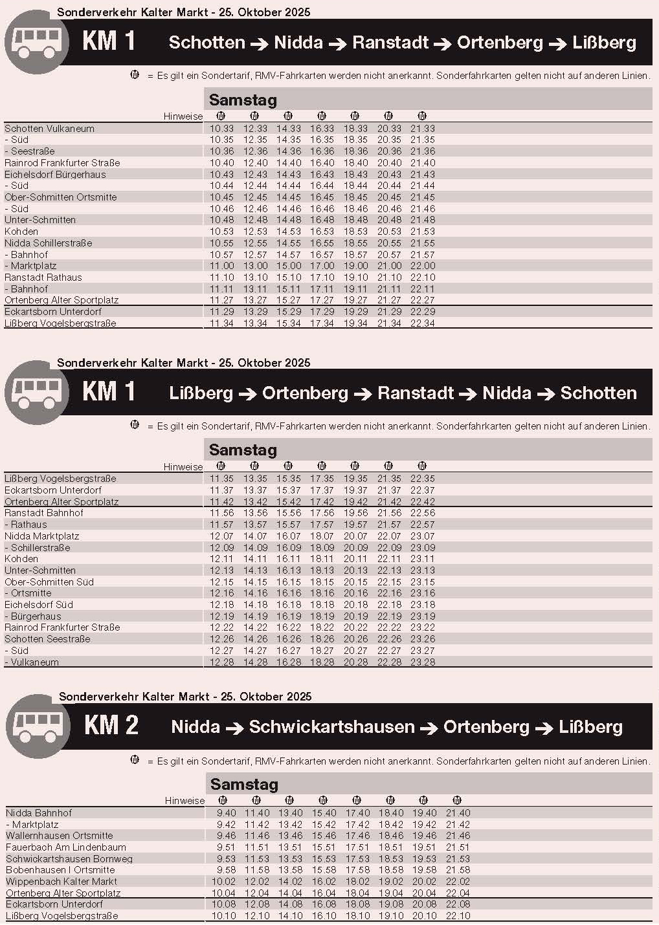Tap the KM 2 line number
(x=111, y=726)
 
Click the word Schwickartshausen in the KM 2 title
(x=331, y=727)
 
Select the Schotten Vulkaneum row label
(x=49, y=129)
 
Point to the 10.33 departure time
(x=221, y=129)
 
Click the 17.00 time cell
(x=322, y=266)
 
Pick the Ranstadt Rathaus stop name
(x=43, y=277)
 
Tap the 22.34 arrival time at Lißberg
(x=422, y=323)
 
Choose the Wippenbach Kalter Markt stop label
(x=61, y=882)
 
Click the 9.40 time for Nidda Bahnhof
(x=226, y=813)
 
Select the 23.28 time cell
(x=422, y=662)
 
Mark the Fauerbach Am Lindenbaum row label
(x=66, y=847)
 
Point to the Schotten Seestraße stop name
(x=47, y=639)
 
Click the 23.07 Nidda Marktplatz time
(x=422, y=536)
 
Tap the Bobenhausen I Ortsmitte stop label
(x=60, y=870)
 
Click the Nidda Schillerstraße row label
(x=49, y=243)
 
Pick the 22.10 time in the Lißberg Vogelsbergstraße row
(x=458, y=916)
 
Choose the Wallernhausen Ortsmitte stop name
(x=60, y=836)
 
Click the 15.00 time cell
(x=288, y=266)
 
